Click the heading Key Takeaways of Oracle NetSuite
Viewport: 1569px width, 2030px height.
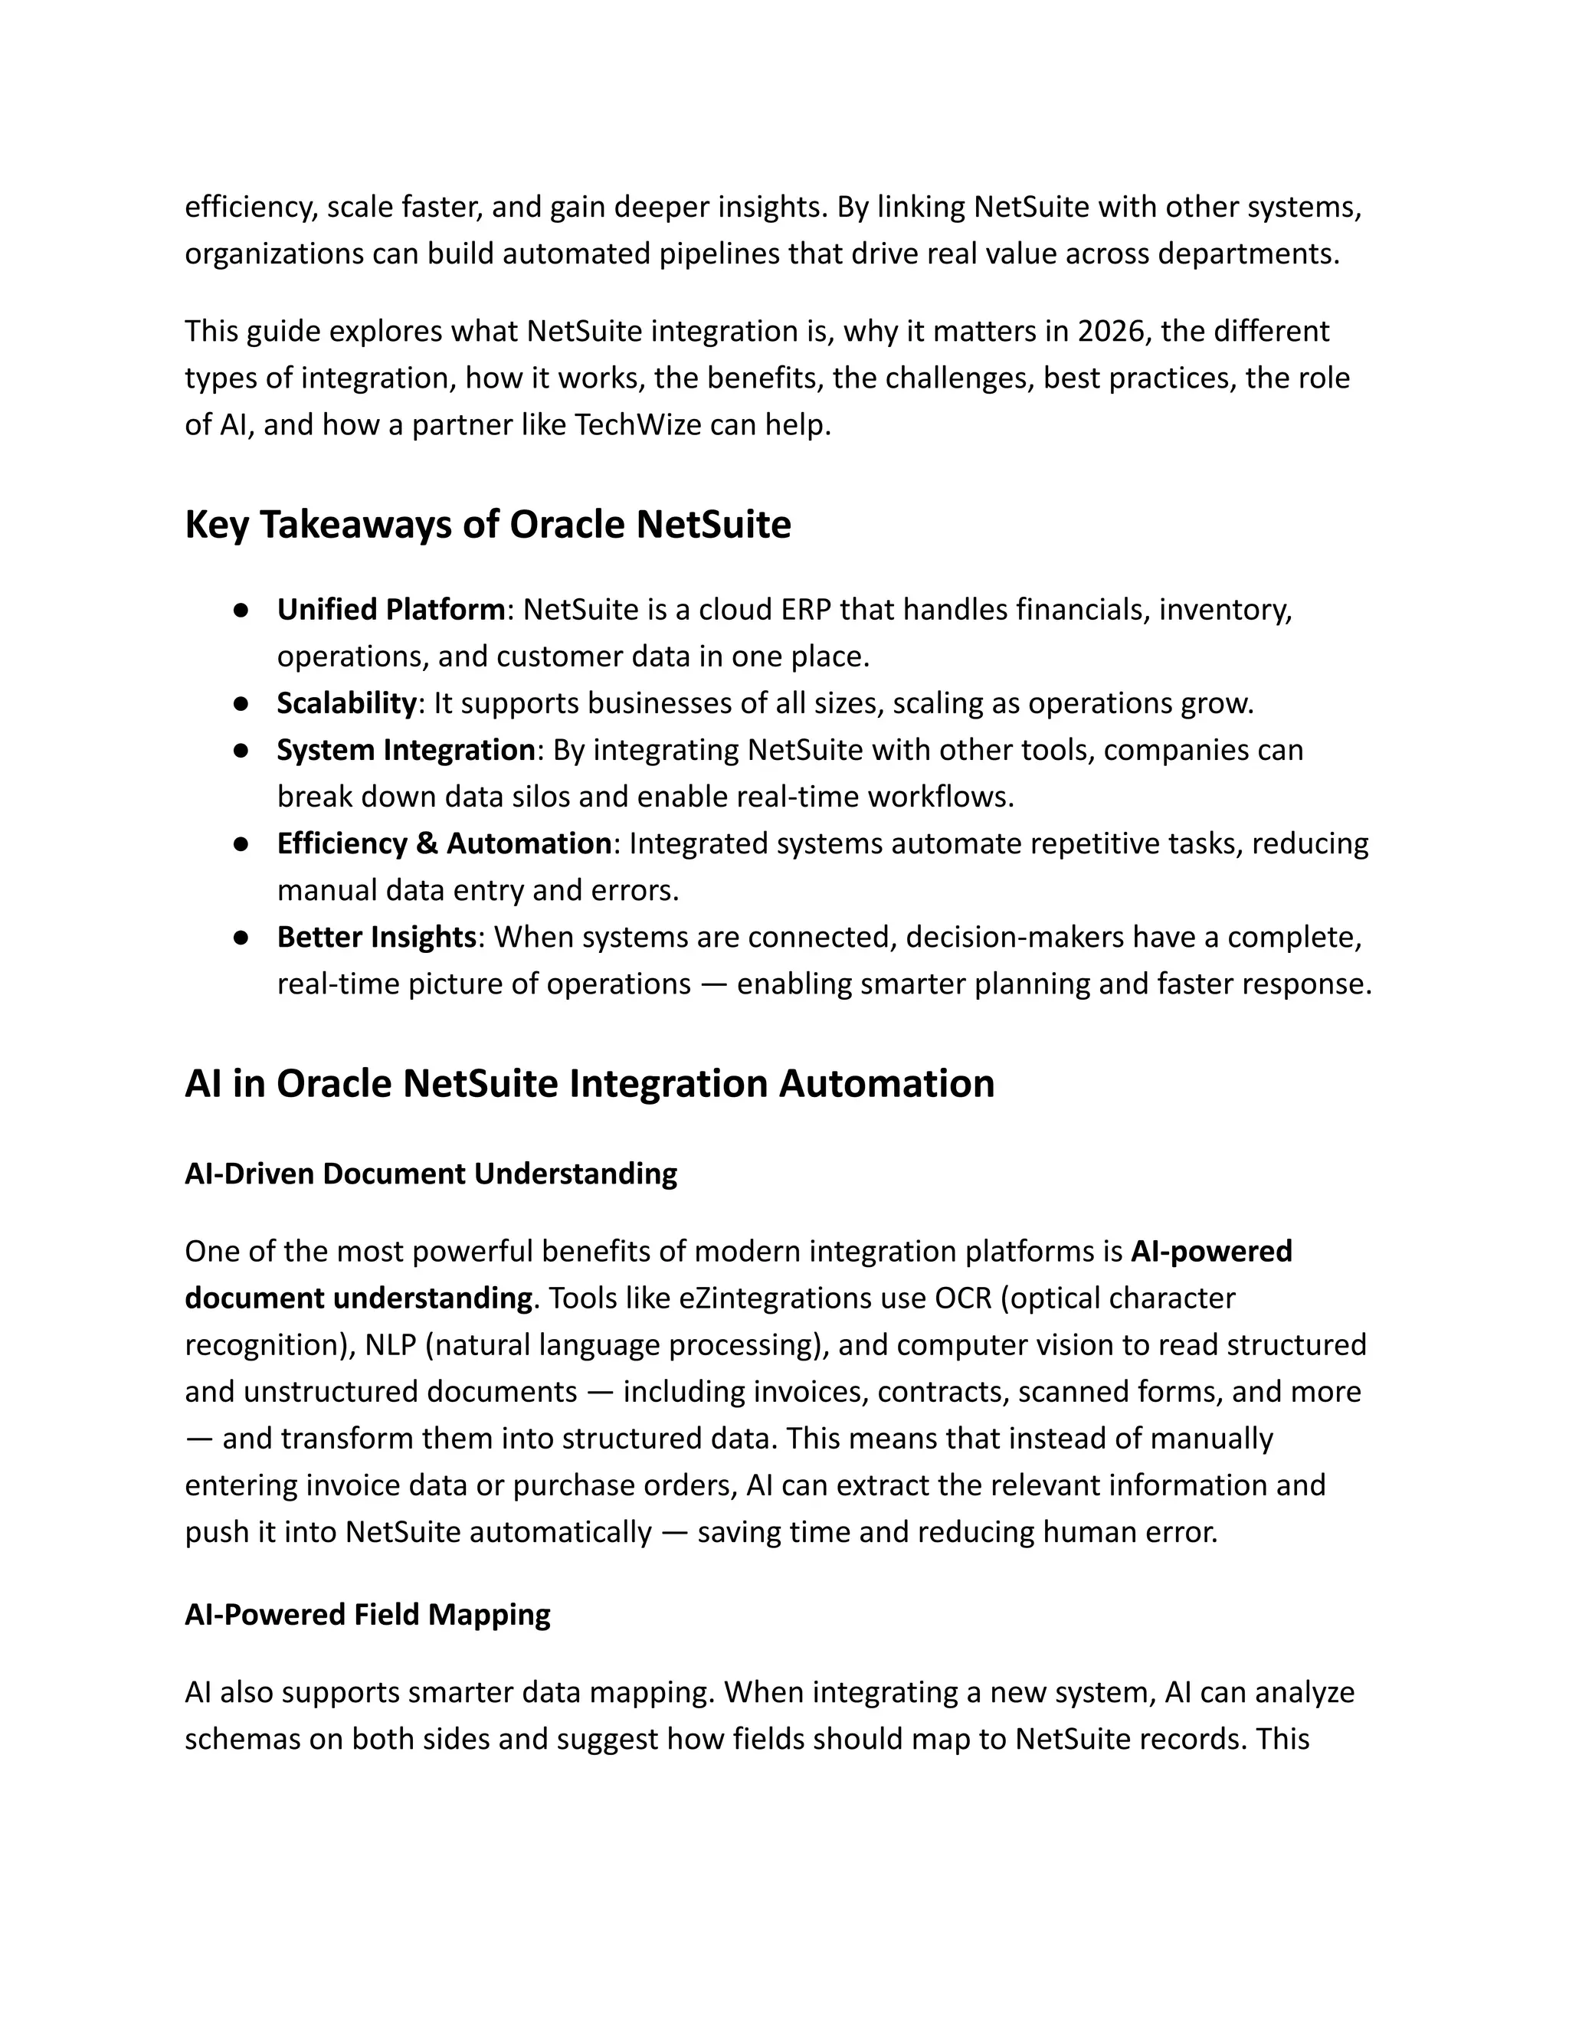tap(487, 526)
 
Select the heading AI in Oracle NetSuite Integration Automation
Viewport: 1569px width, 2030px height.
tap(589, 1084)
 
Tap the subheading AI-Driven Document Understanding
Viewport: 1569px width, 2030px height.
tap(431, 1174)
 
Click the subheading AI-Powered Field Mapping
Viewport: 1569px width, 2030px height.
tap(367, 1615)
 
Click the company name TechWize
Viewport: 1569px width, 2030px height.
tap(637, 425)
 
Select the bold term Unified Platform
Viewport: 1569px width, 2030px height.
tap(391, 610)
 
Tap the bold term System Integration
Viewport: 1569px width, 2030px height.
tap(405, 750)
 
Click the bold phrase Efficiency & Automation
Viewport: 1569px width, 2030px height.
tap(444, 843)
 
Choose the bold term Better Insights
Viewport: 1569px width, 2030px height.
tap(376, 937)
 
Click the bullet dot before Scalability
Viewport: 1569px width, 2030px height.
tap(241, 704)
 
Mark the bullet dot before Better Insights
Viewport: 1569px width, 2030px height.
tap(241, 938)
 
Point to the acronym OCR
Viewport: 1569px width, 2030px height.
tap(963, 1298)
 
